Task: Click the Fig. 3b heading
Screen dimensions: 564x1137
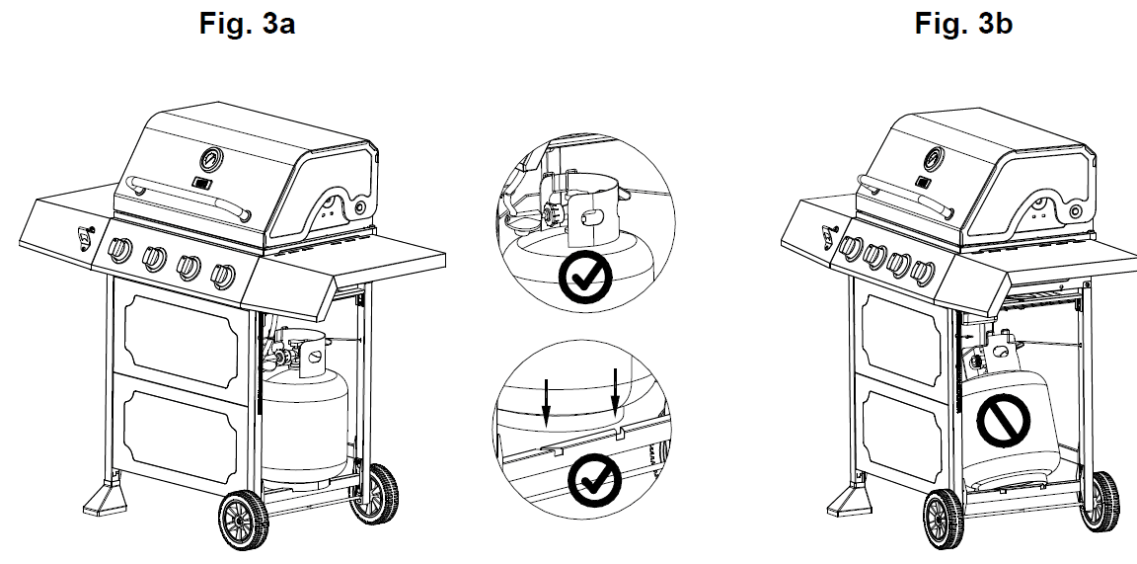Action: click(963, 24)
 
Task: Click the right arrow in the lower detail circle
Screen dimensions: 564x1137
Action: click(616, 391)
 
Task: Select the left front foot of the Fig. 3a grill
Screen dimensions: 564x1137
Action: click(102, 498)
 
